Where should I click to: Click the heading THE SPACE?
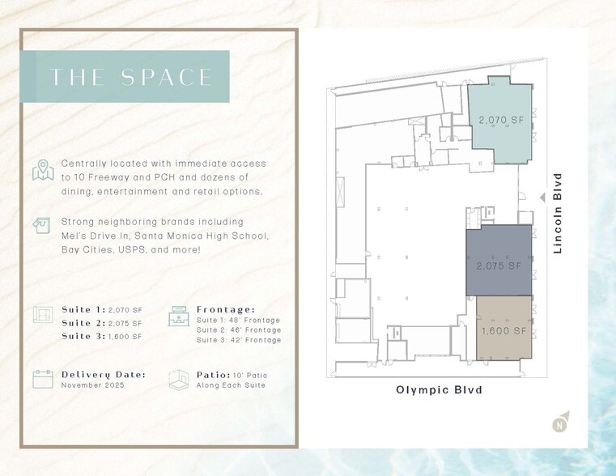(x=132, y=77)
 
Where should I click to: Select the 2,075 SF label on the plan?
(x=498, y=266)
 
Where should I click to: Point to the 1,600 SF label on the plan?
(x=503, y=331)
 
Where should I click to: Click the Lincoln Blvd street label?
(x=558, y=213)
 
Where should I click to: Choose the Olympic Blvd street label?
(x=439, y=389)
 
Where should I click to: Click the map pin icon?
(x=43, y=171)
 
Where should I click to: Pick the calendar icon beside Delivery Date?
(x=43, y=380)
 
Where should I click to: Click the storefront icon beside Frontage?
(x=179, y=317)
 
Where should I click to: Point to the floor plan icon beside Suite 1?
(x=43, y=317)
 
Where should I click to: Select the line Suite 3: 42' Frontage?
(x=239, y=340)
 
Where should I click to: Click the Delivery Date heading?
(x=104, y=375)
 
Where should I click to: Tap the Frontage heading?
(x=226, y=309)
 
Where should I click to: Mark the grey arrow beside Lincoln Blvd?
(x=542, y=198)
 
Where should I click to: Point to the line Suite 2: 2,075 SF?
(x=102, y=323)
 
